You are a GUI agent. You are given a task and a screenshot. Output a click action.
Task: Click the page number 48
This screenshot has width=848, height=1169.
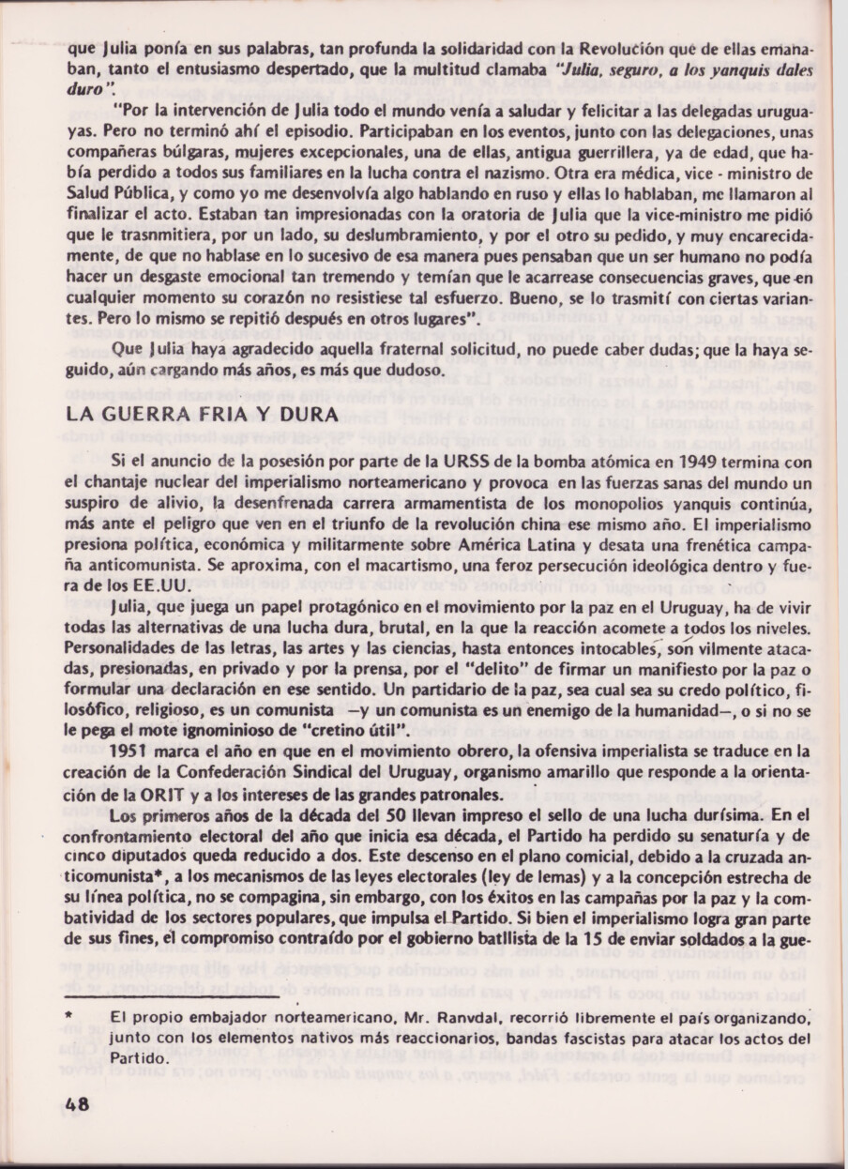78,1104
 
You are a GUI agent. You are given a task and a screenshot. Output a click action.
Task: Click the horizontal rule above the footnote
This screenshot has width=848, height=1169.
174,996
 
